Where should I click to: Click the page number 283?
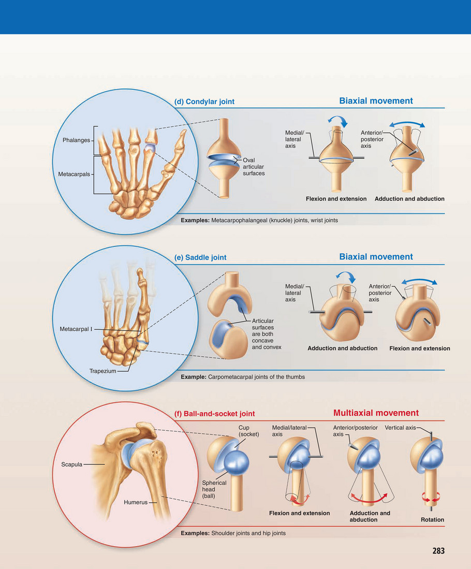click(x=438, y=551)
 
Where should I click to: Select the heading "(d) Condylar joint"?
click(x=204, y=101)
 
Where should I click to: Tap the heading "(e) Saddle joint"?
click(x=201, y=257)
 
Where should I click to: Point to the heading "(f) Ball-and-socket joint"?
click(x=215, y=414)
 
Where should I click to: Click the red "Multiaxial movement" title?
click(x=376, y=413)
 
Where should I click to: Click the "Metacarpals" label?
click(x=75, y=174)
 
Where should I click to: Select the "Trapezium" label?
click(x=102, y=371)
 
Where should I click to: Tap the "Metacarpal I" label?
click(x=76, y=329)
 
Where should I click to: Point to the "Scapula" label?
click(x=68, y=464)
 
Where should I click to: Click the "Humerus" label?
click(x=136, y=502)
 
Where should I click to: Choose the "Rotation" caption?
click(x=432, y=520)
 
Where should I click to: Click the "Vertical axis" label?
click(x=400, y=428)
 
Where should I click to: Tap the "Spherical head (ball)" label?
click(x=214, y=489)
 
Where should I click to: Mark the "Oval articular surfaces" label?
click(x=254, y=167)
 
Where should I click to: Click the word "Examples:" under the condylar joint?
click(x=195, y=221)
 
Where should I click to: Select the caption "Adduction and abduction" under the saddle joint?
click(x=342, y=348)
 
